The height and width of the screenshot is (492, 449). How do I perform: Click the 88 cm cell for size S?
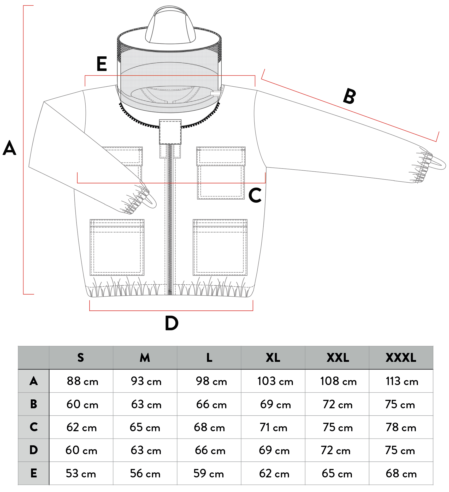pyautogui.click(x=82, y=381)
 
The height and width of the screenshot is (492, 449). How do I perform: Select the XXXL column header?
pyautogui.click(x=401, y=358)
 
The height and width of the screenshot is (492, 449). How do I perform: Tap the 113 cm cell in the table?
pyautogui.click(x=402, y=381)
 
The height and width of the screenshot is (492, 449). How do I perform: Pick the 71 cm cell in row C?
pyautogui.click(x=273, y=428)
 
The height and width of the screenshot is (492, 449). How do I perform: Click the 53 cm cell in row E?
pyautogui.click(x=81, y=473)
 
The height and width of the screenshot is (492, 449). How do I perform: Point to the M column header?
pyautogui.click(x=145, y=358)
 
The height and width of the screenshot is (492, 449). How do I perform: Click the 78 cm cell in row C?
pyautogui.click(x=401, y=428)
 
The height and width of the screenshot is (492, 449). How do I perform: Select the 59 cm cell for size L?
pyautogui.click(x=209, y=473)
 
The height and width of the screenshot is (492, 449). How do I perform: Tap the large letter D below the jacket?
pyautogui.click(x=172, y=323)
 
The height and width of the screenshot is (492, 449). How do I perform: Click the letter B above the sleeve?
pyautogui.click(x=350, y=96)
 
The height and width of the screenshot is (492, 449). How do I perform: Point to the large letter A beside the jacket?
pyautogui.click(x=10, y=148)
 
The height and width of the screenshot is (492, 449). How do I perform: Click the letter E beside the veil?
pyautogui.click(x=102, y=64)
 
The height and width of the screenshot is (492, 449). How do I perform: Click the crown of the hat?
pyautogui.click(x=170, y=26)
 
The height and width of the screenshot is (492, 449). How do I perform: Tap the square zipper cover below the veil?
pyautogui.click(x=170, y=132)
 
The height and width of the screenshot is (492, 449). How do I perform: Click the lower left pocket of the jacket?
pyautogui.click(x=117, y=247)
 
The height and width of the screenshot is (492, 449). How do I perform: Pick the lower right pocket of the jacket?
pyautogui.click(x=220, y=247)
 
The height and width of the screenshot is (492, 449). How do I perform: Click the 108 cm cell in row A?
pyautogui.click(x=338, y=381)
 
